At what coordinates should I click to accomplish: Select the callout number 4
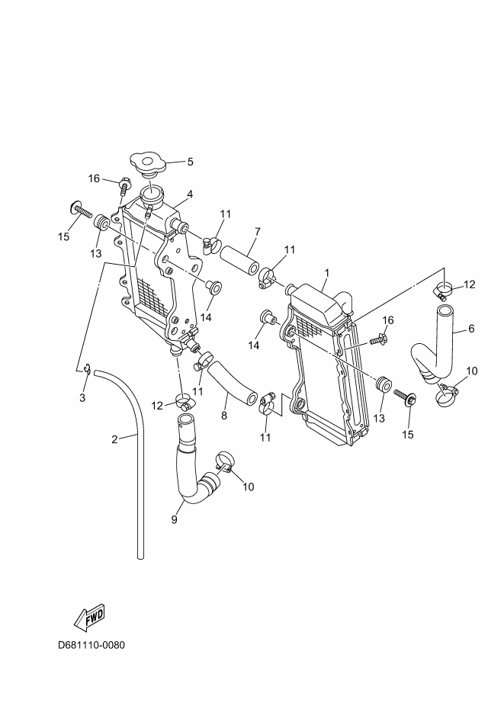[189, 194]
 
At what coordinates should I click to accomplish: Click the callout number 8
[224, 416]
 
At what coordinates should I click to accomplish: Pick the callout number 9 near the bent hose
[174, 520]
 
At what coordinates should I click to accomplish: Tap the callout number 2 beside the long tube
[114, 439]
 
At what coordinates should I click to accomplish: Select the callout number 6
[471, 329]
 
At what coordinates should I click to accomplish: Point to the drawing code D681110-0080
[91, 645]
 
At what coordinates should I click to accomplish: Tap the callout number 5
[190, 162]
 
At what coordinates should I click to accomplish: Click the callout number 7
[258, 231]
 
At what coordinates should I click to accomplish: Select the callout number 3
[83, 397]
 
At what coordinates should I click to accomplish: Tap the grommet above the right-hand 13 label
[384, 384]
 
